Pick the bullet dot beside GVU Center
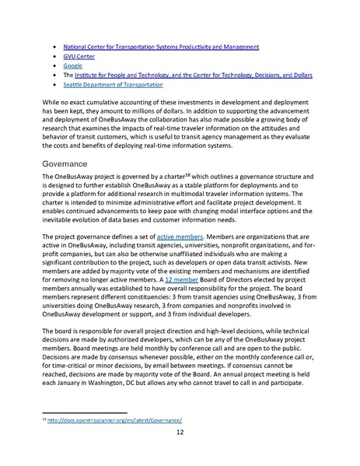coord(52,57)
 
